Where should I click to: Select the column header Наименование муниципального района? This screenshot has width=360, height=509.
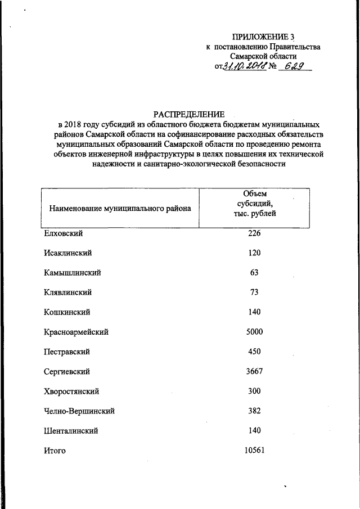tap(120, 209)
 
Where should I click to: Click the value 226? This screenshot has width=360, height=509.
tap(254, 233)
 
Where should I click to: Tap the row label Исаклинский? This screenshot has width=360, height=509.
tap(67, 253)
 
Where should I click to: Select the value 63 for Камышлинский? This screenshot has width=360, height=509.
tap(254, 273)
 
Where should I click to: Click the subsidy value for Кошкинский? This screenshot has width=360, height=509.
tap(254, 312)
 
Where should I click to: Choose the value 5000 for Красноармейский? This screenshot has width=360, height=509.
tap(254, 332)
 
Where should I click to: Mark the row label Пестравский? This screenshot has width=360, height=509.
tap(67, 352)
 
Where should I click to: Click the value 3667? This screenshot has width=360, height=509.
tap(254, 371)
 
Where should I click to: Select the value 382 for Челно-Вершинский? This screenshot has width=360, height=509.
tap(254, 411)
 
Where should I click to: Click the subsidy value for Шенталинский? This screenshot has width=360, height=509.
tap(254, 431)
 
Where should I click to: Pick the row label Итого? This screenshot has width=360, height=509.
tap(55, 451)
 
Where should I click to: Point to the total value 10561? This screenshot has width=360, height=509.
tap(254, 450)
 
